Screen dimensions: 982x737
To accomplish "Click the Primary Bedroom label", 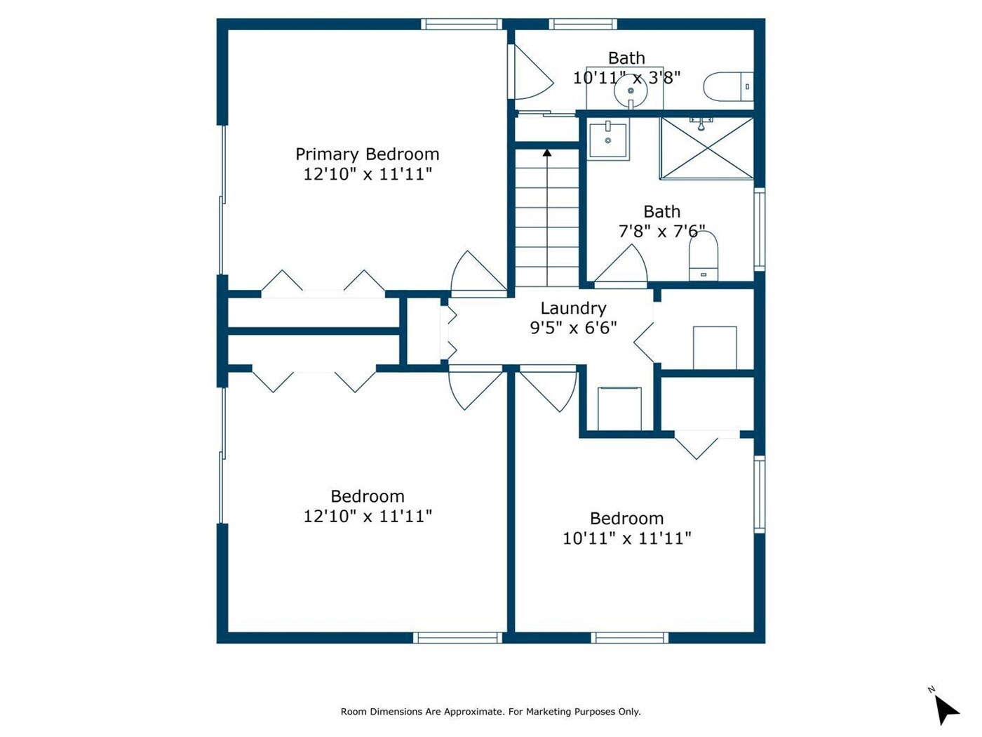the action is (x=367, y=155).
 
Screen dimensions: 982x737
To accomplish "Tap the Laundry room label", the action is (x=573, y=309).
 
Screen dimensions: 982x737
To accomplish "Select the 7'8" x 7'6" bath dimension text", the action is (x=661, y=232).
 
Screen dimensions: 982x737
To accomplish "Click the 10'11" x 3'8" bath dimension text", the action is (x=626, y=78).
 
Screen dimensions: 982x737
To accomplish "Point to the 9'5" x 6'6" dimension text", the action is (x=573, y=328).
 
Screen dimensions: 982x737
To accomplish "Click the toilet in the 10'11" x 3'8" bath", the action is (x=728, y=86).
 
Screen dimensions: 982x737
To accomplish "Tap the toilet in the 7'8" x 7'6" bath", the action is (x=704, y=255).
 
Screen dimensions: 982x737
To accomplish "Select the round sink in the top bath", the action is (x=631, y=91).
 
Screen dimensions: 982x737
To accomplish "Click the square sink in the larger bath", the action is (x=608, y=140).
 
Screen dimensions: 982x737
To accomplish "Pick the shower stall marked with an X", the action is (x=707, y=148).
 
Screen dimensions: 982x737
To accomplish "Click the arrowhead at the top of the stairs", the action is (x=546, y=152).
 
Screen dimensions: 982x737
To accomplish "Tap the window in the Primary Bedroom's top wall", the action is (x=462, y=24).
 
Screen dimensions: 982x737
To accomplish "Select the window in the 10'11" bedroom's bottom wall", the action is (x=629, y=637).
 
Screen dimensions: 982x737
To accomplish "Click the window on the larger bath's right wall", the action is (x=759, y=230).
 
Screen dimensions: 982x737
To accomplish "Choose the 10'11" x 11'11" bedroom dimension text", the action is (x=626, y=538).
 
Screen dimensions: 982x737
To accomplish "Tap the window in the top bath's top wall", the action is (x=583, y=24).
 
